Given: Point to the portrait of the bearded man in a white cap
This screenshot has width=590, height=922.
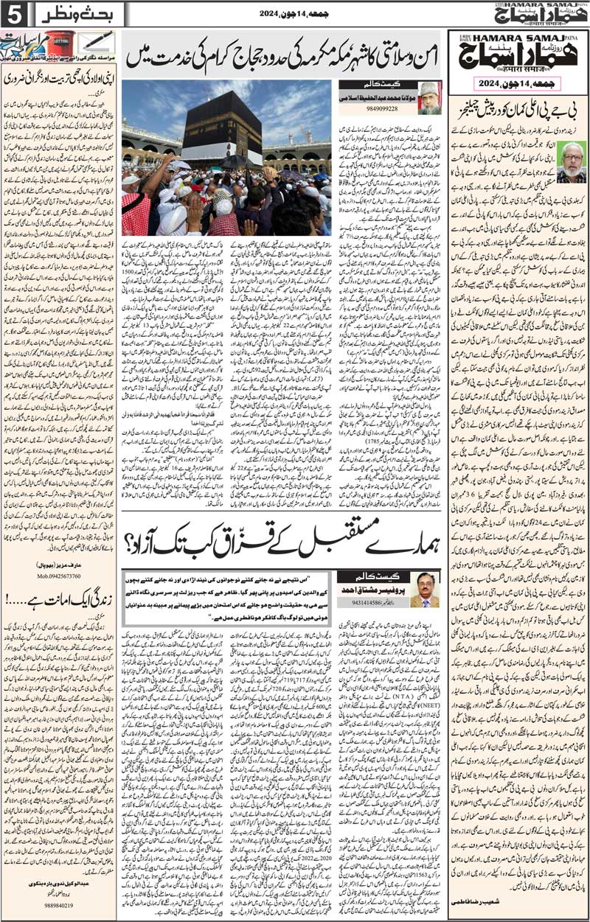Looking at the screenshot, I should click(x=429, y=99).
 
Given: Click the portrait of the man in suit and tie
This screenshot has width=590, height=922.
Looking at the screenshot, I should click(x=425, y=590).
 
